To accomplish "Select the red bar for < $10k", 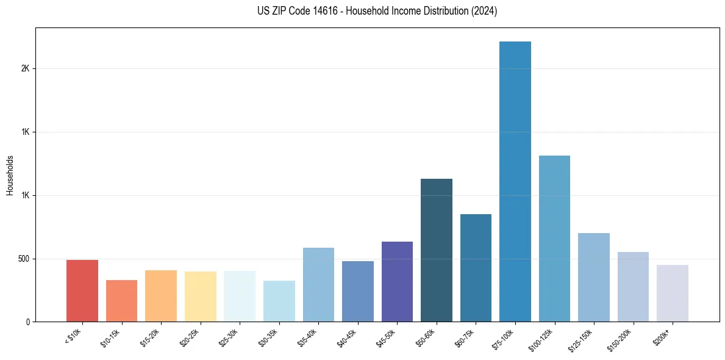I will (82, 291).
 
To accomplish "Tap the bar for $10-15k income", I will (121, 301).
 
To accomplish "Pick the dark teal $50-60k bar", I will (437, 250).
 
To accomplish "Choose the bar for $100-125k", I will (554, 239).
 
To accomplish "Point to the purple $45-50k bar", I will (397, 282).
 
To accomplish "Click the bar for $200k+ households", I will (673, 293).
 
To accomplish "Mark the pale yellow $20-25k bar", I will (201, 297).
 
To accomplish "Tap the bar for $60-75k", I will (476, 268).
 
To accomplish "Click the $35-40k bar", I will (318, 285).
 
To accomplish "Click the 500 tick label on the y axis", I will (24, 259).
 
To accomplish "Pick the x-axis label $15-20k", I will (151, 338).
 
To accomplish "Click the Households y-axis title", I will (10, 175).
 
